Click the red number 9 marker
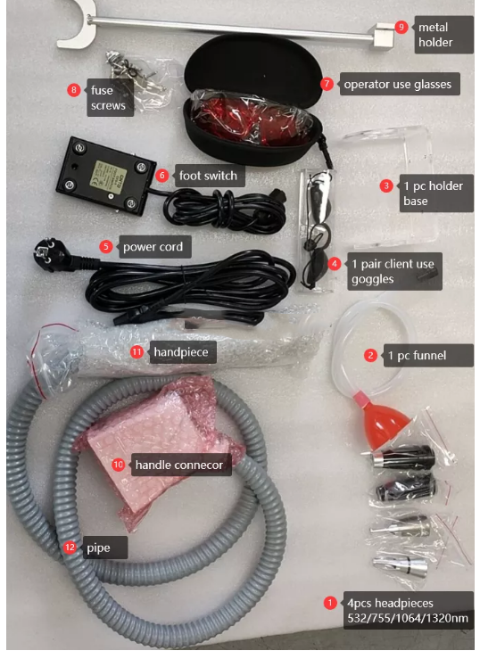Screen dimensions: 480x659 coord(401,28)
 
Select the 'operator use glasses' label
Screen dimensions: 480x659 coord(397,84)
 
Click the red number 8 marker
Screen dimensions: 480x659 coord(74,90)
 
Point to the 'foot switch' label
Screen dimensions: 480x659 coord(208,176)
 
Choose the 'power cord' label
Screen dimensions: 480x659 coord(153,247)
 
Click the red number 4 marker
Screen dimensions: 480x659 coord(335,264)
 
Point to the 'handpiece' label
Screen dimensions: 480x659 coord(181,352)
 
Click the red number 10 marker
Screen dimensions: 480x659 coord(118,465)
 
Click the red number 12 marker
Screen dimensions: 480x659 coord(70,548)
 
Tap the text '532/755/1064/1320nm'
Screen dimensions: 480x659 coord(407,618)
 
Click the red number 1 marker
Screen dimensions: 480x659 coord(330,603)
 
